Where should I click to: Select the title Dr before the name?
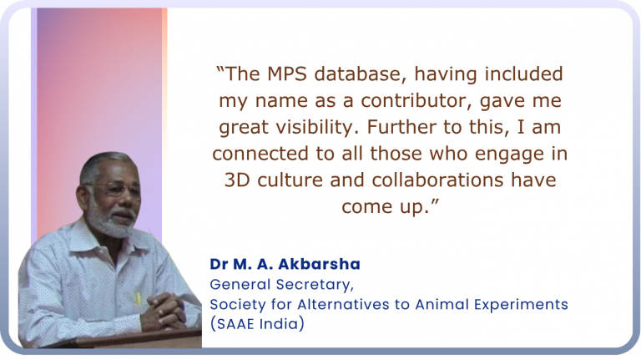click(x=219, y=264)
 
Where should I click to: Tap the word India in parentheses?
click(x=283, y=323)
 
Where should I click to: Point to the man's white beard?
click(x=115, y=225)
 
